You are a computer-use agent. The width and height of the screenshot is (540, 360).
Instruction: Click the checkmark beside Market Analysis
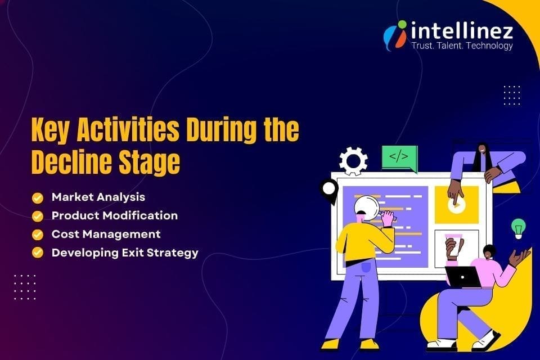coord(38,197)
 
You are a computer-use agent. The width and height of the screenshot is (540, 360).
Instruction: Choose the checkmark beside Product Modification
coord(38,216)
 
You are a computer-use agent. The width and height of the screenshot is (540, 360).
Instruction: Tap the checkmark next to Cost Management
coord(38,235)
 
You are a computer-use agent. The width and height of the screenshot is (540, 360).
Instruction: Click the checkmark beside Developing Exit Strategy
coord(38,253)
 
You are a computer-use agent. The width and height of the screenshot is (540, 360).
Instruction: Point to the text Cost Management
coord(106,234)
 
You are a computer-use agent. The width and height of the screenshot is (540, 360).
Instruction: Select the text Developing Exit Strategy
coord(125,253)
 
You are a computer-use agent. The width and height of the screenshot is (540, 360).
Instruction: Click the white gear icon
coord(354,161)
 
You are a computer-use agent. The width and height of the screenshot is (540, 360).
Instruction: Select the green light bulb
coord(518,228)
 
